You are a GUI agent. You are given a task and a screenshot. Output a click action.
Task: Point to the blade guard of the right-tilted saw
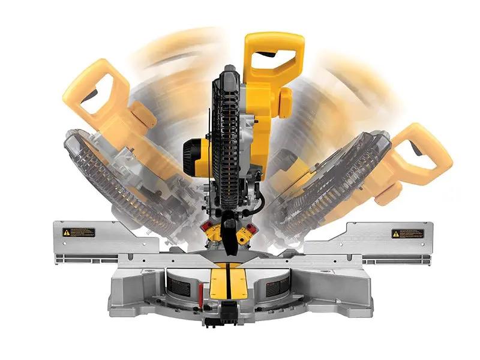click(336, 186)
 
